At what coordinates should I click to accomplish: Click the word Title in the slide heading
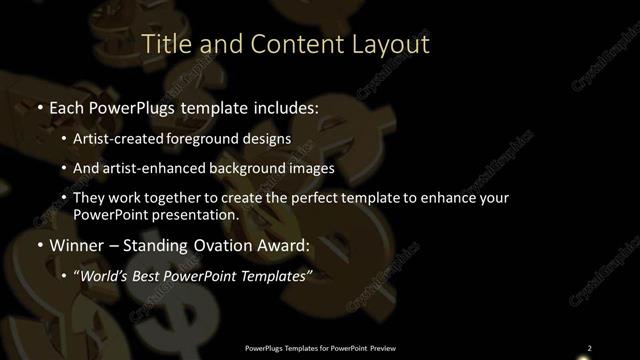pos(167,44)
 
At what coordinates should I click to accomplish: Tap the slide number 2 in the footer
pos(589,348)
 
